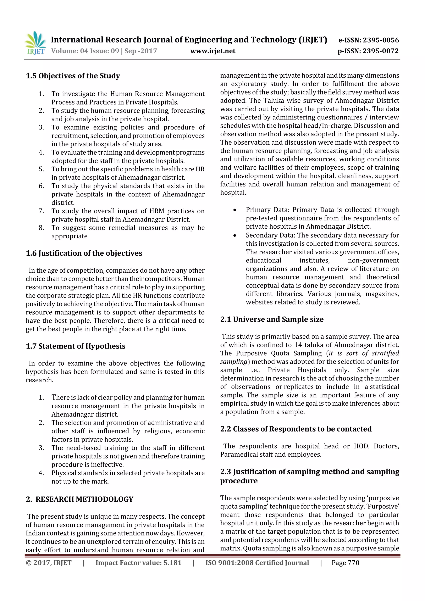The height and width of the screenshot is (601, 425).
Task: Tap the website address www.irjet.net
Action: (213, 51)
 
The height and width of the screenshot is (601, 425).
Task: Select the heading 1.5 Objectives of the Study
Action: (73, 76)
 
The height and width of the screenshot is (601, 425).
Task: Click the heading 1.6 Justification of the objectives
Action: (84, 253)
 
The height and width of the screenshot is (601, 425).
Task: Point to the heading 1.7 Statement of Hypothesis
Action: (75, 346)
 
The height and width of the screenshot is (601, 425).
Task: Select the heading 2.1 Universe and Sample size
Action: (272, 319)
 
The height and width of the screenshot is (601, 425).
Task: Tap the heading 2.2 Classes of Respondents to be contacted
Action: (296, 429)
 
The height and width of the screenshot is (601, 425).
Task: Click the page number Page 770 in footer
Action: (345, 563)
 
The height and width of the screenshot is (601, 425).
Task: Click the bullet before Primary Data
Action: (235, 210)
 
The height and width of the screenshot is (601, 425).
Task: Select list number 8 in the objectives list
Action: (41, 228)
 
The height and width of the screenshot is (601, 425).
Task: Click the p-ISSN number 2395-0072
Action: (368, 51)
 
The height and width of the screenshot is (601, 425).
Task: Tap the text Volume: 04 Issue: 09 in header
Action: (85, 51)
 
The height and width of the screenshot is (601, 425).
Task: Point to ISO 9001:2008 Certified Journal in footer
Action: (257, 563)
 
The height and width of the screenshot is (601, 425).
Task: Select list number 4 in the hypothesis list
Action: (41, 473)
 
